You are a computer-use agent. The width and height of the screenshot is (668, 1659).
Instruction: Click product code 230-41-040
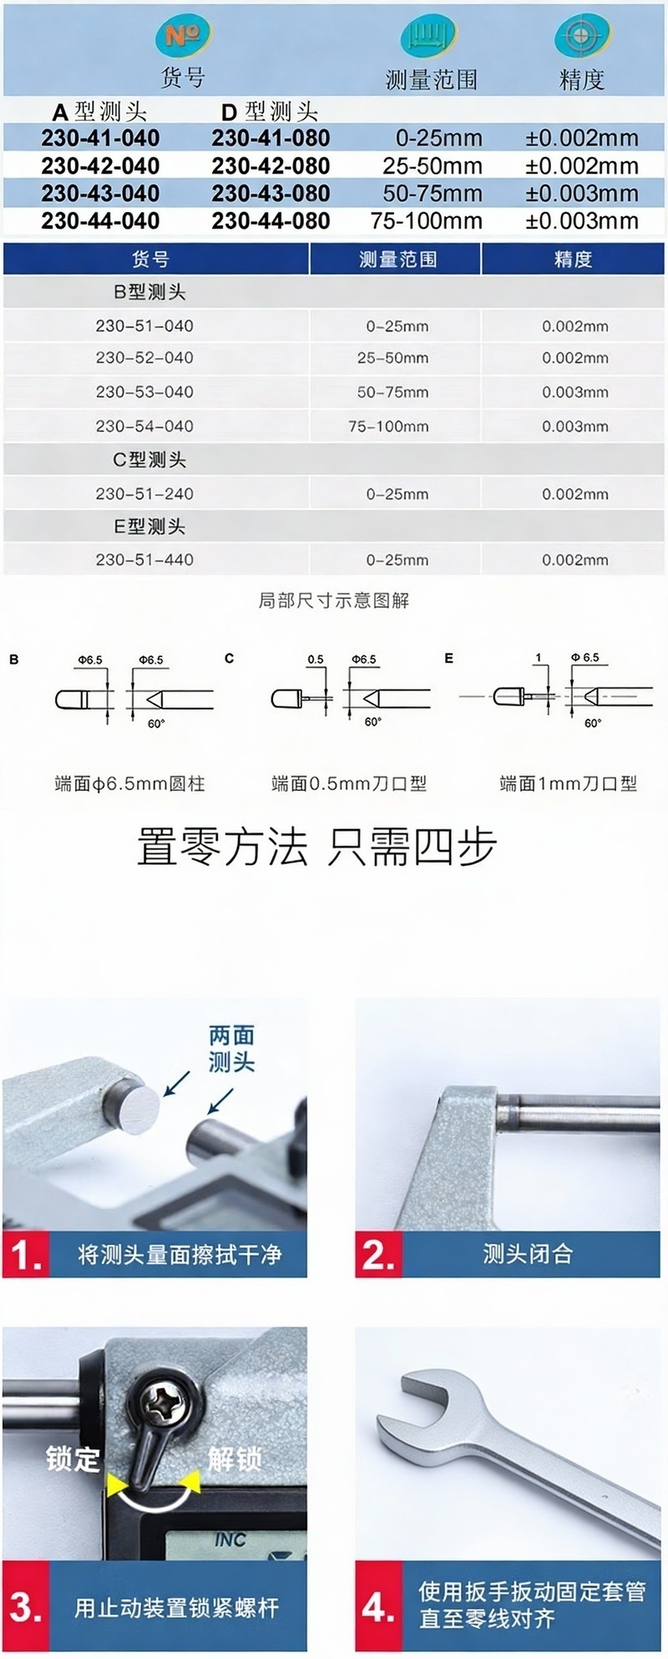tap(100, 138)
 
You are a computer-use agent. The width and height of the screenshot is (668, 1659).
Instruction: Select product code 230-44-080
tap(271, 221)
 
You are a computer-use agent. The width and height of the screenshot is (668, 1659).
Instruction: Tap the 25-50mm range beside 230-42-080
tap(433, 165)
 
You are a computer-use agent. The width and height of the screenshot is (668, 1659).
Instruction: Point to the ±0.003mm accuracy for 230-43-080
tap(582, 194)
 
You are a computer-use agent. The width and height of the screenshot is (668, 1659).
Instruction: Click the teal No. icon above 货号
tap(181, 37)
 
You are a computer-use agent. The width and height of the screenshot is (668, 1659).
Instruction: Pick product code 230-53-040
tap(144, 392)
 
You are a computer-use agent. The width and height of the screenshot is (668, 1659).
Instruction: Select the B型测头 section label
tap(149, 292)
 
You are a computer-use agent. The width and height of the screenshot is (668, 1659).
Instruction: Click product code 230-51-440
tap(144, 560)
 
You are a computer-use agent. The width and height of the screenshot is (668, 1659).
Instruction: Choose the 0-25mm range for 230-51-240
tap(397, 494)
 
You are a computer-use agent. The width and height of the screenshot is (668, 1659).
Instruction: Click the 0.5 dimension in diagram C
tap(315, 660)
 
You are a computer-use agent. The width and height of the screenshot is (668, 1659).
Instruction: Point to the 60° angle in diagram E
tap(592, 723)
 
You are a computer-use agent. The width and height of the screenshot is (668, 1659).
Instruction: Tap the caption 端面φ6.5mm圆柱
tap(129, 784)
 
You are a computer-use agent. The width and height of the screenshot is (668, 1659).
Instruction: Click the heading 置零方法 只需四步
tap(317, 847)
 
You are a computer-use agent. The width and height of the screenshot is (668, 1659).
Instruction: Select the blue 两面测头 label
tap(231, 1049)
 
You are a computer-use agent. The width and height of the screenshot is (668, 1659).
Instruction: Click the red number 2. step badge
tap(378, 1255)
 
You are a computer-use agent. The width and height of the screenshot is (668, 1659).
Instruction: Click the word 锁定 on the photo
tap(73, 1459)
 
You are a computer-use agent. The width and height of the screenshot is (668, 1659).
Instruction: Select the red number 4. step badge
tap(378, 1608)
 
